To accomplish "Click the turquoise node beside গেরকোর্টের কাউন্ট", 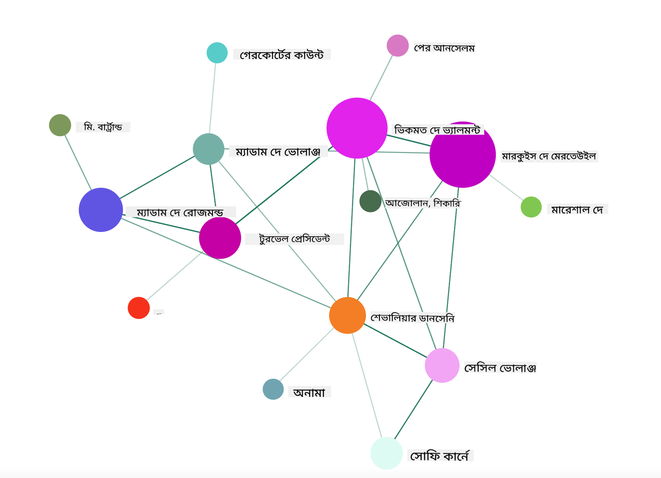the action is pyautogui.click(x=217, y=53).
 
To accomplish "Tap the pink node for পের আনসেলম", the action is pyautogui.click(x=398, y=46).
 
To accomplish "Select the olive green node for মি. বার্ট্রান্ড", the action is pyautogui.click(x=60, y=125).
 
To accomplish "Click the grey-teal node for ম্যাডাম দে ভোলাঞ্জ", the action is pyautogui.click(x=209, y=149).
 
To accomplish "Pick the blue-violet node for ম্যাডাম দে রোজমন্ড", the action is pyautogui.click(x=101, y=210).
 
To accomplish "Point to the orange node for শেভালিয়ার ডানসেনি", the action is pyautogui.click(x=347, y=316).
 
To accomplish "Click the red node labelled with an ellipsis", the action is pyautogui.click(x=139, y=308).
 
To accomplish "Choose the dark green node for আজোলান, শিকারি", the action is pyautogui.click(x=370, y=201).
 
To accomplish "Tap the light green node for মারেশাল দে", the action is pyautogui.click(x=531, y=207).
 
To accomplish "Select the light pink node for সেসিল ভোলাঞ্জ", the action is pyautogui.click(x=442, y=365).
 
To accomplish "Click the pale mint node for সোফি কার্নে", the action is pyautogui.click(x=387, y=453).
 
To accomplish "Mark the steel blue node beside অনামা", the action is pyautogui.click(x=273, y=389).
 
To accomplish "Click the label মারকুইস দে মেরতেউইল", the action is pyautogui.click(x=549, y=156).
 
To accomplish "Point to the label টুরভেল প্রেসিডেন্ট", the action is pyautogui.click(x=294, y=239).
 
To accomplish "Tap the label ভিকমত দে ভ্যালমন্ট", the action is pyautogui.click(x=438, y=130).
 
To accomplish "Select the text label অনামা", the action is pyautogui.click(x=309, y=392).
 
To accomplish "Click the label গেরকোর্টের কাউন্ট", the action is pyautogui.click(x=282, y=55).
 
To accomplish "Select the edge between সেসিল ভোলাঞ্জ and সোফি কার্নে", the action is pyautogui.click(x=414, y=409).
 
